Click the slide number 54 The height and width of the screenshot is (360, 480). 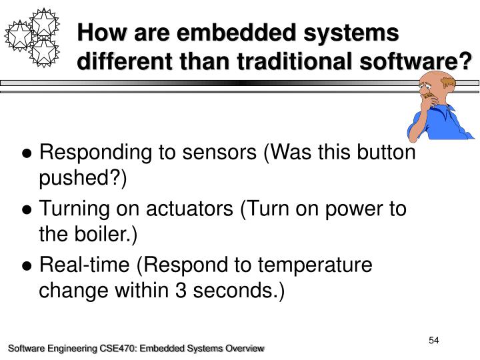tap(434, 341)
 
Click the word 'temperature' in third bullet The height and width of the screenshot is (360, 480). tap(315, 265)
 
